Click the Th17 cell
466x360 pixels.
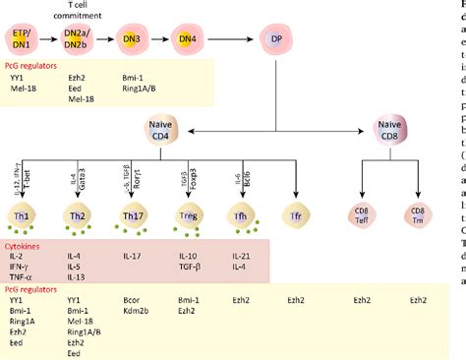pos(136,214)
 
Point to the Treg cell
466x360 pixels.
pos(191,214)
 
